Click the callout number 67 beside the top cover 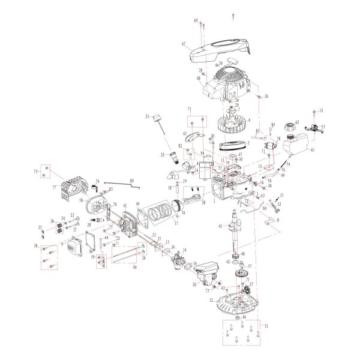[184, 44]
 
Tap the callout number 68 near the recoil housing [197, 79]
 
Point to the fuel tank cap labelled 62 [290, 127]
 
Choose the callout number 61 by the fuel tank [313, 150]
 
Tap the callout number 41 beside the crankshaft [220, 226]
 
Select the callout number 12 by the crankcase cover [211, 299]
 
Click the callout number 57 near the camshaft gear [250, 266]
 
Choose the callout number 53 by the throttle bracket [323, 127]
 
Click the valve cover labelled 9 [73, 245]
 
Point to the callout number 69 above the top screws [196, 20]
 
